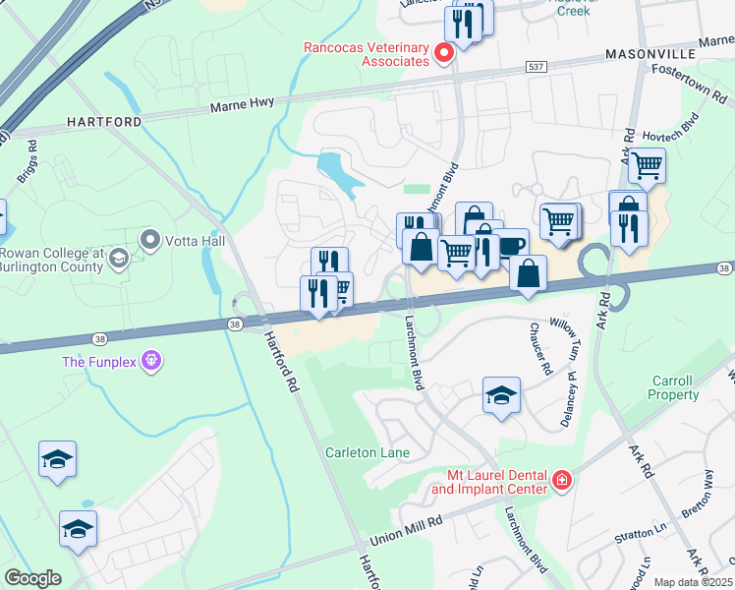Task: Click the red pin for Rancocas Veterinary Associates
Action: point(443,52)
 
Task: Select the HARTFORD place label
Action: point(104,121)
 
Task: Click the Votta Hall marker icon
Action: point(150,240)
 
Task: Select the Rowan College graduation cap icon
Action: point(118,259)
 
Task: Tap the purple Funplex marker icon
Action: point(150,361)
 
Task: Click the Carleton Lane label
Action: point(367,452)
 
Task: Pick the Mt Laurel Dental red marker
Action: point(561,481)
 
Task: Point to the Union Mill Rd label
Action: point(406,536)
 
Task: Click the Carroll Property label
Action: point(673,387)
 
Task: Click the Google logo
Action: point(32,578)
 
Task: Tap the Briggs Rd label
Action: point(26,168)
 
